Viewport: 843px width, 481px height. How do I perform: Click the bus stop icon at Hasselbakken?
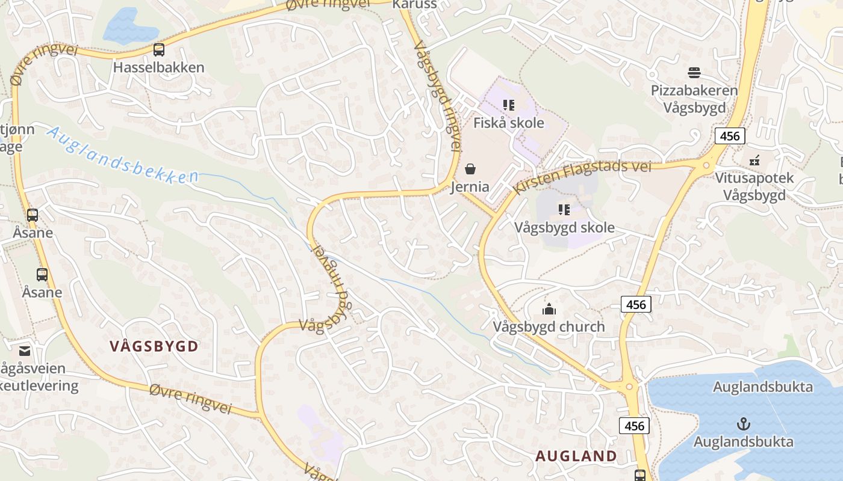click(159, 50)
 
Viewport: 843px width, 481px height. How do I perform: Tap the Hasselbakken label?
click(159, 67)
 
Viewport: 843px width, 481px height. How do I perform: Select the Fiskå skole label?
click(508, 123)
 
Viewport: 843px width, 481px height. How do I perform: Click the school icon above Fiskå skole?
click(509, 105)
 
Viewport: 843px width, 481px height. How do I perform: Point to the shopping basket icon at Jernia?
click(470, 169)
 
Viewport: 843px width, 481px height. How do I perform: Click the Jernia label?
click(470, 187)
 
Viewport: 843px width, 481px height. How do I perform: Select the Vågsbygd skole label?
click(564, 228)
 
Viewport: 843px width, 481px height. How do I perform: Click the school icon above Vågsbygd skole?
click(564, 210)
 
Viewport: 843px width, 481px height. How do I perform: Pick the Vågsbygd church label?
click(549, 327)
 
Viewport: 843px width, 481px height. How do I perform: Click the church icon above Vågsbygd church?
click(549, 310)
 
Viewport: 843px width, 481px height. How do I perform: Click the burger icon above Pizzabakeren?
click(694, 73)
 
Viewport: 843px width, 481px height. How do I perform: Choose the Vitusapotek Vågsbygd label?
click(754, 186)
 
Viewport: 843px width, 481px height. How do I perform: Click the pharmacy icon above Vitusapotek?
click(754, 161)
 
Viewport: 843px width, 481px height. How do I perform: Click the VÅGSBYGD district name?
click(154, 346)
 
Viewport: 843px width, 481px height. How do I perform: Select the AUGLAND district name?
click(576, 456)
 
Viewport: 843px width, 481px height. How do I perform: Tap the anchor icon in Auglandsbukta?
click(743, 424)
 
